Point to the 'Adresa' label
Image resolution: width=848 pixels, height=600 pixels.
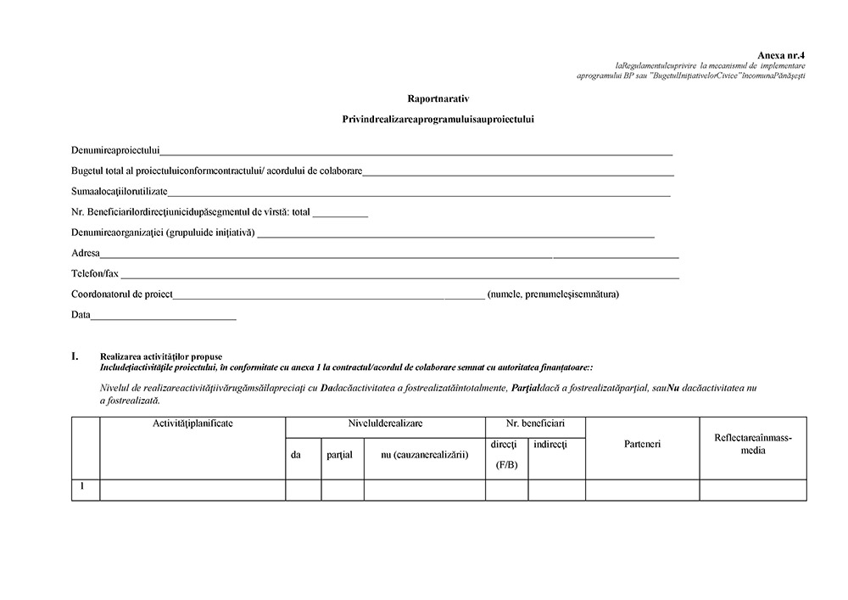pos(86,253)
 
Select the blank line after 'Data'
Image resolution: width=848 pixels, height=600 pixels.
pos(163,317)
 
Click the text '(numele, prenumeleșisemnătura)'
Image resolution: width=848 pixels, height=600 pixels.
pos(553,294)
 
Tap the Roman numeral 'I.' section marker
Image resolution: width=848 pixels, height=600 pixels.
pos(75,356)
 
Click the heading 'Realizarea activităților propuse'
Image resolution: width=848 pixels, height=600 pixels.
pos(161,356)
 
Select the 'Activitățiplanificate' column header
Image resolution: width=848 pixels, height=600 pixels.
pos(192,423)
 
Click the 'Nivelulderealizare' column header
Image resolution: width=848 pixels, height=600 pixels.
pos(385,423)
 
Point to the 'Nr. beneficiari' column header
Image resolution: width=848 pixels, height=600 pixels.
pos(535,423)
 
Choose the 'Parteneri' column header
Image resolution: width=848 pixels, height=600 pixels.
pos(642,444)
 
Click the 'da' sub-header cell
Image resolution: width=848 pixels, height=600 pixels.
pos(296,455)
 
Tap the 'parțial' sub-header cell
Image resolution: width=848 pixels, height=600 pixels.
pos(339,455)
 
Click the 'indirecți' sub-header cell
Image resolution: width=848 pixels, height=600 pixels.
pos(550,445)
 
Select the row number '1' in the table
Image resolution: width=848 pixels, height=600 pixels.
pos(82,487)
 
